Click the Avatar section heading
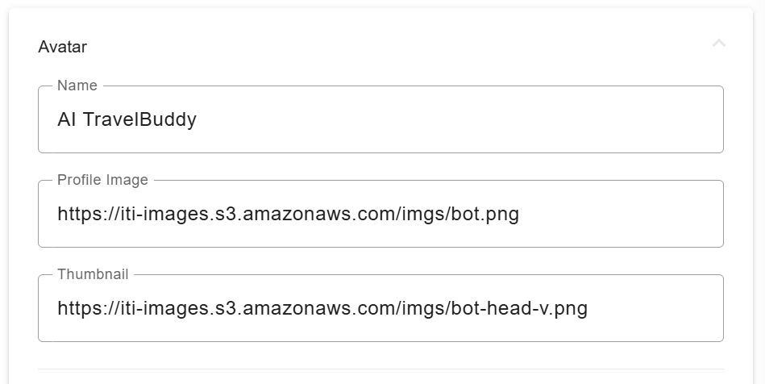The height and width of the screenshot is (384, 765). pyautogui.click(x=63, y=47)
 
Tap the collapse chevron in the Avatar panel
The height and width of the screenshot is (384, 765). pyautogui.click(x=719, y=43)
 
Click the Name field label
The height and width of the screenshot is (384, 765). pyautogui.click(x=77, y=86)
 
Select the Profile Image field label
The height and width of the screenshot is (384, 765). pyautogui.click(x=102, y=180)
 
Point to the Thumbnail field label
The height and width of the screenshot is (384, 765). pyautogui.click(x=93, y=274)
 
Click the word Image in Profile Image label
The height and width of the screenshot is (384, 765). pyautogui.click(x=129, y=180)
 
